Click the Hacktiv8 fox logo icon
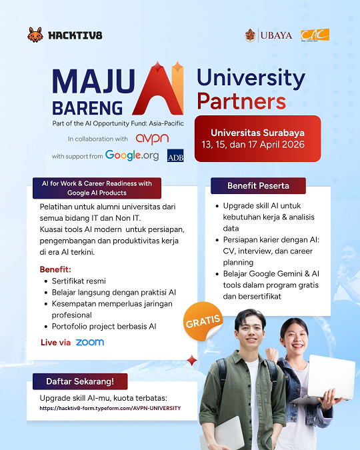click(x=35, y=34)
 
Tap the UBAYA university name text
click(x=276, y=35)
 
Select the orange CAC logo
click(x=315, y=35)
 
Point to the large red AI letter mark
click(x=157, y=91)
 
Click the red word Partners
click(x=241, y=101)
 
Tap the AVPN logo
click(x=152, y=139)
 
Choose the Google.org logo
click(x=132, y=155)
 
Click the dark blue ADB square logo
click(x=175, y=155)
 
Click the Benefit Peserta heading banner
click(x=258, y=185)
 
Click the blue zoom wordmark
click(x=90, y=342)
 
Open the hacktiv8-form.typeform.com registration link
click(x=110, y=408)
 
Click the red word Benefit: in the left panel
click(x=55, y=269)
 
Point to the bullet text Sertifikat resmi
click(x=79, y=281)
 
